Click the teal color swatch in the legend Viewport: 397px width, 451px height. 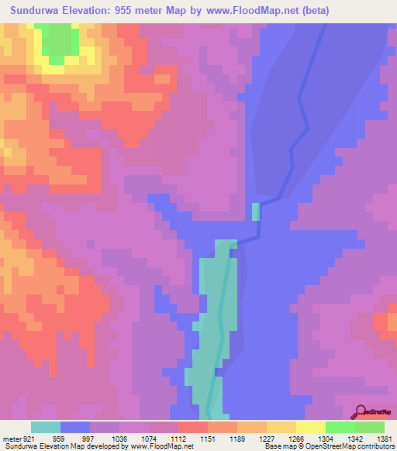coord(46,427)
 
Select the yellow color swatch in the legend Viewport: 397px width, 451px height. coord(311,427)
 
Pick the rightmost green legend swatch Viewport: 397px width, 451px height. coord(370,427)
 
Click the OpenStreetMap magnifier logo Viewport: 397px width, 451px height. coord(360,411)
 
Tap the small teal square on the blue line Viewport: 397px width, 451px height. coord(257,211)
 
